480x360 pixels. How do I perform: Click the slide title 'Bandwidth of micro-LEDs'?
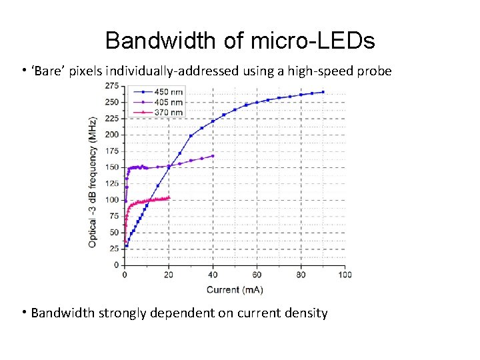pos(240,41)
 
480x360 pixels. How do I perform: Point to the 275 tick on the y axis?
pos(111,86)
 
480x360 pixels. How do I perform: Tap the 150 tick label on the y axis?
pos(111,167)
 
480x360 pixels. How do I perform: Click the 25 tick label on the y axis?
pos(113,249)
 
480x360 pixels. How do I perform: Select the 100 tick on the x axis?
pos(345,275)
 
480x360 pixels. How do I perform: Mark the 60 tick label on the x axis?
pos(257,275)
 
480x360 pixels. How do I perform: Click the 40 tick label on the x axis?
pos(213,275)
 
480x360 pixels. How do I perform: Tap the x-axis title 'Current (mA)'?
pos(234,289)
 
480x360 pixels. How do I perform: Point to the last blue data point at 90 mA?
pos(323,92)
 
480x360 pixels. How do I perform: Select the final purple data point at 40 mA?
pos(213,156)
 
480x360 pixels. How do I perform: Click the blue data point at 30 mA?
pos(191,136)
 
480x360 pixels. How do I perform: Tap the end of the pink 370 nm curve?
pos(169,197)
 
